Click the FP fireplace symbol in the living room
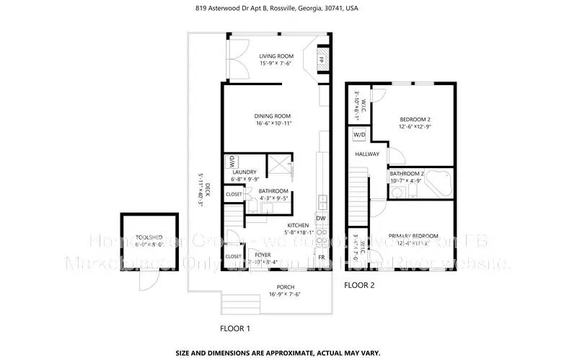322,59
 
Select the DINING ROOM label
272,116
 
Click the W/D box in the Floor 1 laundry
234,160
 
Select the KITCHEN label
298,225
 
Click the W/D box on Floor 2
358,136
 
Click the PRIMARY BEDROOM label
413,236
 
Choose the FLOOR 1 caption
234,328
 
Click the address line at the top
287,9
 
